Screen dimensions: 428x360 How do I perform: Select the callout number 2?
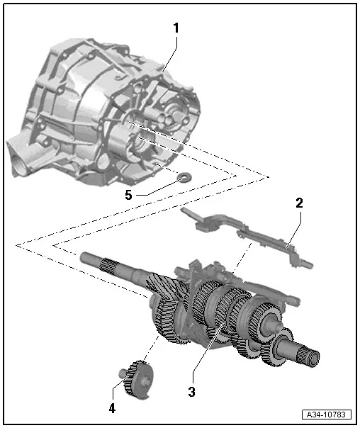click(x=299, y=203)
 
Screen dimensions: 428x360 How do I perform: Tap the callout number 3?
click(x=191, y=390)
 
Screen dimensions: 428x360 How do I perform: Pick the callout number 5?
click(x=128, y=194)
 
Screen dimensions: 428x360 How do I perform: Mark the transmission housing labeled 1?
click(x=106, y=113)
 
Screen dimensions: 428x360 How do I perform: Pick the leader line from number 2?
click(x=293, y=227)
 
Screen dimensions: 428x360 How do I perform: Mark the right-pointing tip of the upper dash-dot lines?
click(x=269, y=174)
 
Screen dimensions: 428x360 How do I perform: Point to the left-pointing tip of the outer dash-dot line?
click(x=16, y=245)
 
